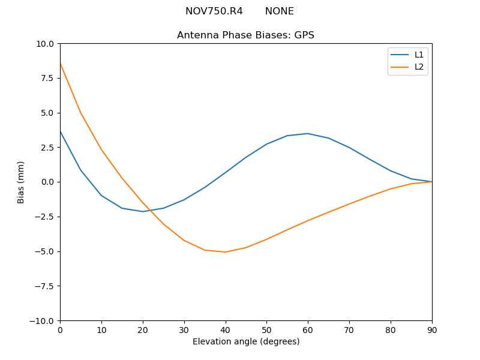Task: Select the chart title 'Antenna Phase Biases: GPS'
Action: click(245, 35)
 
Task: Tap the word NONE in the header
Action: click(279, 11)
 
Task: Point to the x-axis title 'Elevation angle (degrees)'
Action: click(245, 341)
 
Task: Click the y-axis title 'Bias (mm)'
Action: click(21, 182)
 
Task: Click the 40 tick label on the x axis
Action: click(225, 329)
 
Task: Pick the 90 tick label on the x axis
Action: click(431, 329)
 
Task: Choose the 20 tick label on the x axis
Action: click(142, 329)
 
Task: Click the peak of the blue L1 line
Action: click(308, 133)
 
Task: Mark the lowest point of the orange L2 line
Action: click(225, 252)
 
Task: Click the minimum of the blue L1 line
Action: click(142, 211)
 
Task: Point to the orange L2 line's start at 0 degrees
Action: click(61, 63)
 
